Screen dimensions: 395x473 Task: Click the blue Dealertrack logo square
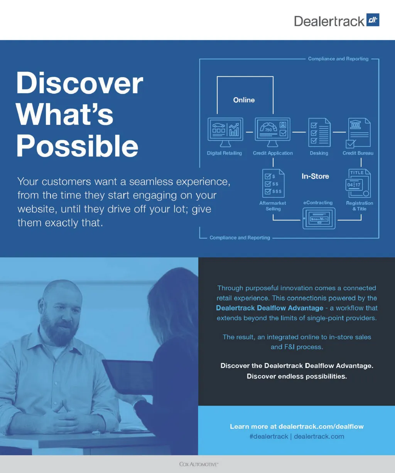pos(373,20)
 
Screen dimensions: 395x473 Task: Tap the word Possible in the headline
pos(77,146)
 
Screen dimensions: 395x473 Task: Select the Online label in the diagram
pos(244,100)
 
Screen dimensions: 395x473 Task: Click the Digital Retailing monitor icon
pos(225,132)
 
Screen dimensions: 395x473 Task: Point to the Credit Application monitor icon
pos(273,132)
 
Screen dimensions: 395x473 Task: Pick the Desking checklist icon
pos(319,132)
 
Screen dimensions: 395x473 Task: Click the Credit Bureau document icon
pos(358,133)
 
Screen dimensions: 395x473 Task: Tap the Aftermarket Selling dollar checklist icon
pos(273,183)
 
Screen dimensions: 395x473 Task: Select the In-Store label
pos(315,176)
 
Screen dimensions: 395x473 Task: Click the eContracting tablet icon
pos(319,219)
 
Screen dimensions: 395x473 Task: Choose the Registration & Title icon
pos(358,183)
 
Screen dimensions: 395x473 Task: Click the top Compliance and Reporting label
pos(338,59)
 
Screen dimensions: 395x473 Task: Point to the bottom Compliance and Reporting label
pos(240,237)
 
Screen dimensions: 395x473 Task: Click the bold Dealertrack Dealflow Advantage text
pos(270,308)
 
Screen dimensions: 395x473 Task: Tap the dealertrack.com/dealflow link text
pos(321,426)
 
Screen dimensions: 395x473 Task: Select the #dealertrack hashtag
pos(269,436)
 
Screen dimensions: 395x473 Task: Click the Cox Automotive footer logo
pos(199,464)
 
